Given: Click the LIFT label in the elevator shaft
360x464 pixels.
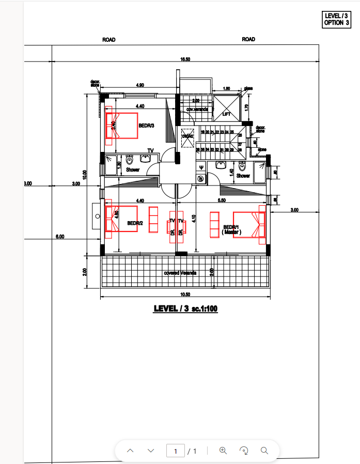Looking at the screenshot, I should [x=226, y=114].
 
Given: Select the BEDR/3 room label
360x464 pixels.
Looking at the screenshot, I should [x=147, y=126].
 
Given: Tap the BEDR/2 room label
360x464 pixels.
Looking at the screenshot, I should [x=135, y=223].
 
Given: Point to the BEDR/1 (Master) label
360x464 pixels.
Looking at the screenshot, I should [x=231, y=229].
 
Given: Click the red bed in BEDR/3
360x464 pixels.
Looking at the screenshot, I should [x=122, y=126].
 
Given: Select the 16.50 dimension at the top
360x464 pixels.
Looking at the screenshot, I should [x=185, y=59].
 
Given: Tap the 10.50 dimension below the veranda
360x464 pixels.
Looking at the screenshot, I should [x=185, y=294].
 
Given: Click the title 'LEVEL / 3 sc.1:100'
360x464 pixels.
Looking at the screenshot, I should [x=185, y=308].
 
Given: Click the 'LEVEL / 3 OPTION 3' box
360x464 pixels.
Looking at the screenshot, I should [x=337, y=20].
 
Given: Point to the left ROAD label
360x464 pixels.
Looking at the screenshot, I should [x=109, y=40].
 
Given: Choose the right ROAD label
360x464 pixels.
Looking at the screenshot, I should [x=248, y=39].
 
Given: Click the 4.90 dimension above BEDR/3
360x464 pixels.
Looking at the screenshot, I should [x=139, y=85].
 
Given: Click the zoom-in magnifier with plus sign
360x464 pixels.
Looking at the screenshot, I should [x=223, y=451].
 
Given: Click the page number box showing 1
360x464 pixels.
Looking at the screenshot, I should [x=176, y=451].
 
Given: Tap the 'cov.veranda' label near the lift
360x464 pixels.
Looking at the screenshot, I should [x=197, y=110].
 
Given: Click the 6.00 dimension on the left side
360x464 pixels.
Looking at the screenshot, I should [x=60, y=237].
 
